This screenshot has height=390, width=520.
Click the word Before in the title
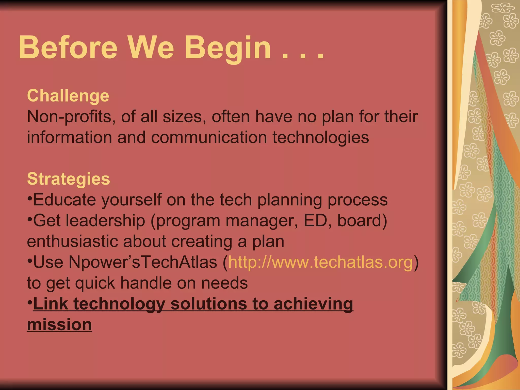tap(68, 47)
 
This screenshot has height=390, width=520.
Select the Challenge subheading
tap(68, 96)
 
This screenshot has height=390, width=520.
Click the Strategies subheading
tap(69, 179)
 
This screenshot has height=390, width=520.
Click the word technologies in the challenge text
tap(321, 138)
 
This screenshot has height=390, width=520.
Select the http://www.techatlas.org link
tap(320, 262)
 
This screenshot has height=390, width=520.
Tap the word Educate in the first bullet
tap(65, 200)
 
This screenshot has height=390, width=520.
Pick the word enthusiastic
tap(72, 241)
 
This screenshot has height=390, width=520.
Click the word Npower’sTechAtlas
tap(143, 262)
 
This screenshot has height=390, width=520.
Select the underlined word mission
tap(59, 324)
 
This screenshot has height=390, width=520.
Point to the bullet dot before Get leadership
tap(30, 219)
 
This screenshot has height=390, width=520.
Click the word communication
tap(209, 138)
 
